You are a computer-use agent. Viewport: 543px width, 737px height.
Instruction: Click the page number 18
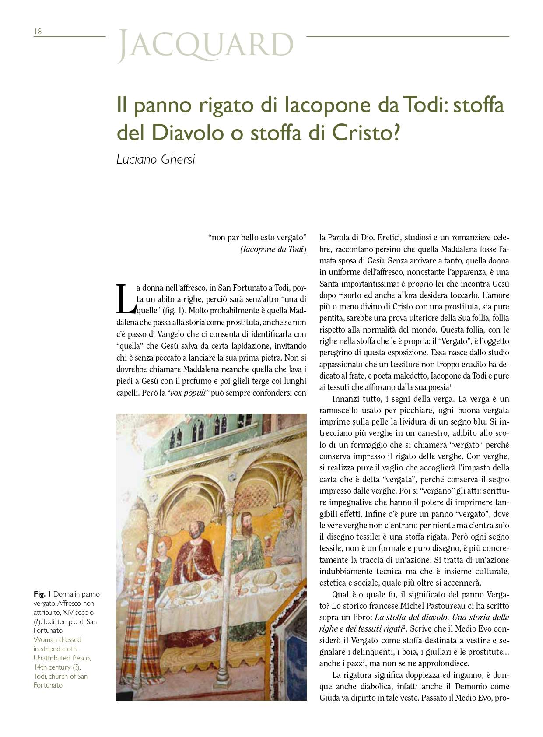pyautogui.click(x=38, y=32)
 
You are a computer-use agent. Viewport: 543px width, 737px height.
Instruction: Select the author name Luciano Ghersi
pyautogui.click(x=155, y=159)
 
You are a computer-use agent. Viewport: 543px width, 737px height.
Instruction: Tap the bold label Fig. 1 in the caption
pyautogui.click(x=42, y=594)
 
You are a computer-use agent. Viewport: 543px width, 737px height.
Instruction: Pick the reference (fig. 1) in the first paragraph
pyautogui.click(x=174, y=311)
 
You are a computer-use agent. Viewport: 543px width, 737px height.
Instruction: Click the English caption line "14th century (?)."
pyautogui.click(x=57, y=667)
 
